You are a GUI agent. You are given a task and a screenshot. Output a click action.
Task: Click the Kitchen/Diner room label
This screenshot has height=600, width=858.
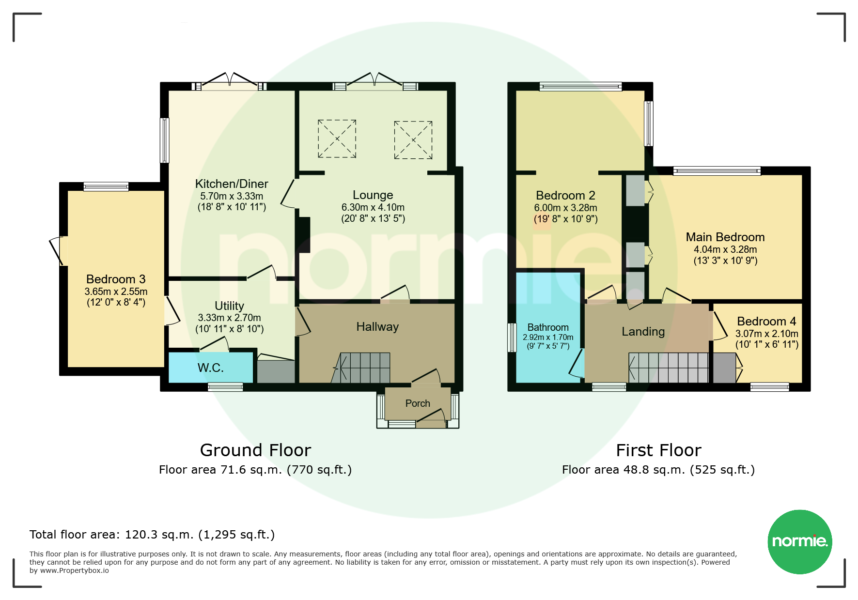(232, 184)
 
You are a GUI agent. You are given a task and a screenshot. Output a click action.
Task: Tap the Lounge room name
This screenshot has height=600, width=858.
(373, 195)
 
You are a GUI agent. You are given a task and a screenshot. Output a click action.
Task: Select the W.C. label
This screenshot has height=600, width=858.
(211, 368)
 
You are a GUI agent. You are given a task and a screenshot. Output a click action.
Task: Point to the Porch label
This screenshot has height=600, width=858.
(418, 403)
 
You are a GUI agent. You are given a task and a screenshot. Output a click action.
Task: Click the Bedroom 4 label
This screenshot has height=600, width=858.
(766, 322)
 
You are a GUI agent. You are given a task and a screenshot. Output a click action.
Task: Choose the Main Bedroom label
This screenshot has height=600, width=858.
(725, 237)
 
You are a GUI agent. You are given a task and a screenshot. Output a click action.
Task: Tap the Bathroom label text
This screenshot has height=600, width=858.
(548, 327)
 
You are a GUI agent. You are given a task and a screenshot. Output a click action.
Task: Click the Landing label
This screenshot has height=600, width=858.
(643, 332)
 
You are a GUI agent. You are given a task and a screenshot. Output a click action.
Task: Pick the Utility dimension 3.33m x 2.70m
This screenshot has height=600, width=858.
(230, 318)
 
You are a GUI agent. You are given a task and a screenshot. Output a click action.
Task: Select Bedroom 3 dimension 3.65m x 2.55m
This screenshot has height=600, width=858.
(116, 292)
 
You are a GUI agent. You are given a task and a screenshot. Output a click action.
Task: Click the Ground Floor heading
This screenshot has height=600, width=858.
(255, 450)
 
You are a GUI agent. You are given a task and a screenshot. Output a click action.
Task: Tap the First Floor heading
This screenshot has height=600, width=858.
(658, 450)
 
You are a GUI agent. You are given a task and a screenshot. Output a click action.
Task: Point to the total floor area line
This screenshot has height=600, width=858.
(152, 535)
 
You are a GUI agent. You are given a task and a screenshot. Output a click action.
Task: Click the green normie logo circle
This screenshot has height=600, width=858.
(800, 542)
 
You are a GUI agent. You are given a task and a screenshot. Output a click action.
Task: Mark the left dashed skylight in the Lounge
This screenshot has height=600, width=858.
(337, 139)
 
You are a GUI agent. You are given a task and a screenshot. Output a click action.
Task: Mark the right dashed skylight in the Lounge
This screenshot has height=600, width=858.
(413, 140)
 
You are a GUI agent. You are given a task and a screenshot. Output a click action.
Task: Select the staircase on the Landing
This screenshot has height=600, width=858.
(669, 368)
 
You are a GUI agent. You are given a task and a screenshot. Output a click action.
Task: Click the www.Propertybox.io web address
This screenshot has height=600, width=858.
(75, 571)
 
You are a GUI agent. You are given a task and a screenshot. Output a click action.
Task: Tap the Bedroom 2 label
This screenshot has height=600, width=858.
(565, 196)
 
